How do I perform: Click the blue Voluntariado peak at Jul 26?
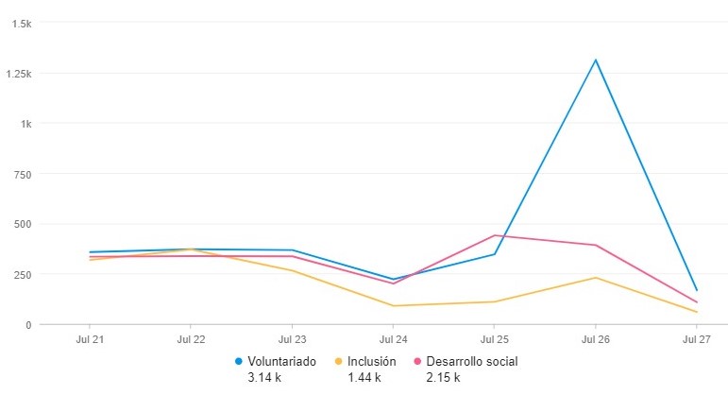click(595, 60)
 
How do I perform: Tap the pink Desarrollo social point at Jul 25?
click(494, 235)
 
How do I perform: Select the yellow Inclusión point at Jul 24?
click(393, 305)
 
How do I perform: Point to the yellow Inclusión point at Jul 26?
click(595, 277)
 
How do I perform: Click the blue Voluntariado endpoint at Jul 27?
click(696, 290)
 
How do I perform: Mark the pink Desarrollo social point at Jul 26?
click(595, 246)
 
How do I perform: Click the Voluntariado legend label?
click(281, 361)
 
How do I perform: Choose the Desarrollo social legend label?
click(472, 361)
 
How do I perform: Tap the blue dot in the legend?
click(239, 361)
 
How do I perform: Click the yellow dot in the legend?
click(339, 361)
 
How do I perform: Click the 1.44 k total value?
click(364, 377)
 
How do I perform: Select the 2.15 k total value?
click(444, 377)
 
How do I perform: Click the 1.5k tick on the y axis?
click(21, 24)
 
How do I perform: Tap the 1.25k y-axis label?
click(18, 74)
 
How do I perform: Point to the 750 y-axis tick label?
click(23, 174)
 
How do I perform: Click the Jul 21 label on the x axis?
click(90, 337)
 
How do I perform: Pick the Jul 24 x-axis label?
click(393, 337)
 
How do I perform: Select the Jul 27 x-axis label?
click(696, 337)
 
